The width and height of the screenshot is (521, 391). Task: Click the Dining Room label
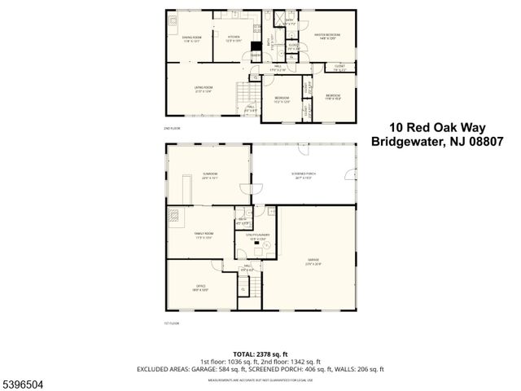pyautogui.click(x=191, y=39)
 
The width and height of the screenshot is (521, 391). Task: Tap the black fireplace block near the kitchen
pyautogui.click(x=256, y=47)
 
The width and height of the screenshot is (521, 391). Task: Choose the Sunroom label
pyautogui.click(x=211, y=175)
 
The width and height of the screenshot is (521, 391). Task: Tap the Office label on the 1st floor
pyautogui.click(x=200, y=287)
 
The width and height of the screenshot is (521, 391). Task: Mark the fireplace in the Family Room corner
pyautogui.click(x=174, y=217)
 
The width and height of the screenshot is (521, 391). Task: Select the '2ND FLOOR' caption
pyautogui.click(x=172, y=129)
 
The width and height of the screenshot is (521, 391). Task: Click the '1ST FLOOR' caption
pyautogui.click(x=172, y=323)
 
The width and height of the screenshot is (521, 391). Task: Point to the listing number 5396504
pyautogui.click(x=24, y=382)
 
